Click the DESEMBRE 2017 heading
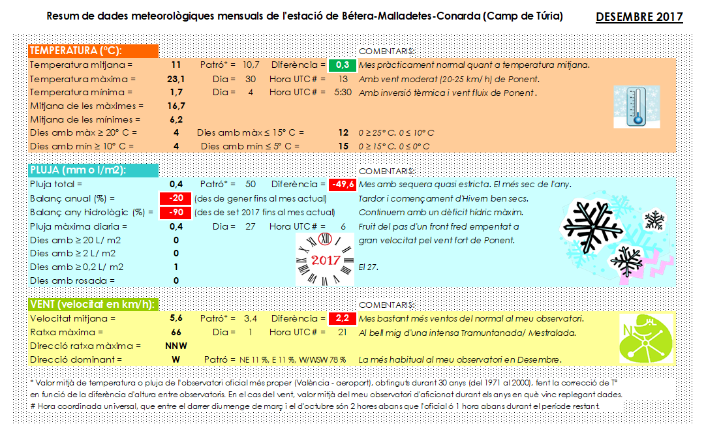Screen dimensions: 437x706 click(639, 16)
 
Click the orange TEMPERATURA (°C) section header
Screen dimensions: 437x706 click(93, 52)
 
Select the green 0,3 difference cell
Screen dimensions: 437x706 click(342, 65)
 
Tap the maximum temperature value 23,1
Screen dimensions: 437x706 click(176, 79)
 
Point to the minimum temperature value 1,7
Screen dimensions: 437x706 click(176, 93)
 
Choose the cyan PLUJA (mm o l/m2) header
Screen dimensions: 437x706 click(93, 170)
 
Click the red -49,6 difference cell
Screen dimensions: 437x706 click(342, 184)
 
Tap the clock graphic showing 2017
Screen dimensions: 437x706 click(325, 259)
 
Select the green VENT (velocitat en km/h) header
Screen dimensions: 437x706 click(93, 305)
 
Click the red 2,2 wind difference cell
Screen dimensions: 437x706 click(342, 319)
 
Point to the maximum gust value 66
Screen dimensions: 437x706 click(176, 333)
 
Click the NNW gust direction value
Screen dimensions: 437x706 click(176, 346)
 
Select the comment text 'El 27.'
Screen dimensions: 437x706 click(369, 267)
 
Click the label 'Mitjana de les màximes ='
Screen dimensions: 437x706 click(85, 106)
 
